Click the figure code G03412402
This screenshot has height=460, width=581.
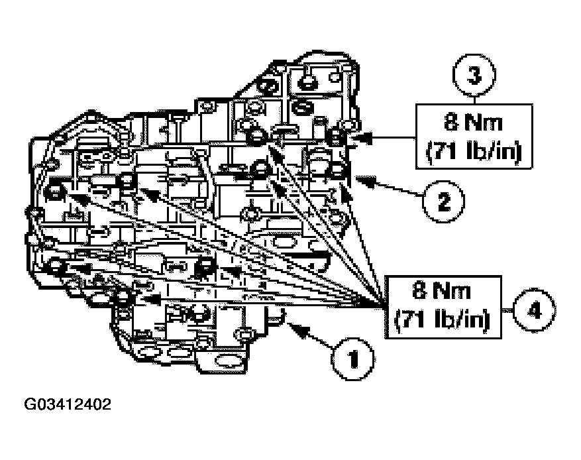[x=69, y=404]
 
